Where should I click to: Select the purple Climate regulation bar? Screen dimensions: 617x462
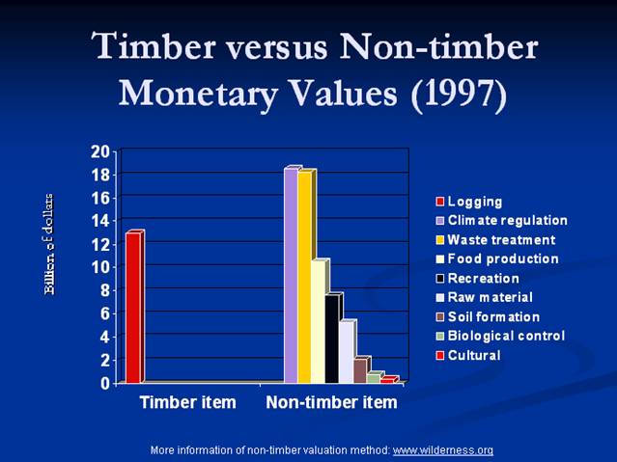(x=292, y=275)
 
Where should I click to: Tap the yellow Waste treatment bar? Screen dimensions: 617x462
(x=305, y=276)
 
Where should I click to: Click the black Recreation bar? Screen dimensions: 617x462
(x=333, y=338)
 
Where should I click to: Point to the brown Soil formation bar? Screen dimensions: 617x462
(x=360, y=370)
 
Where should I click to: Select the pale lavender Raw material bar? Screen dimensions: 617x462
(x=347, y=351)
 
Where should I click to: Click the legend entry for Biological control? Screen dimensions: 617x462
(x=500, y=336)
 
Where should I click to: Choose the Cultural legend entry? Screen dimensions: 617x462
(x=468, y=356)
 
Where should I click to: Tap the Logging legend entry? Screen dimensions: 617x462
(x=469, y=202)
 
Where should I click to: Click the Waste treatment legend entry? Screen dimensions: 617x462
(x=495, y=240)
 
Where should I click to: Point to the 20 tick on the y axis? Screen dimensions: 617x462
(x=100, y=151)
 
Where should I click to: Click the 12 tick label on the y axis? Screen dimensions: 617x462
(x=100, y=245)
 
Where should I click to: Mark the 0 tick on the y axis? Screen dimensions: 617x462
(x=104, y=383)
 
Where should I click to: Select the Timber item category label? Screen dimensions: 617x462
(x=188, y=402)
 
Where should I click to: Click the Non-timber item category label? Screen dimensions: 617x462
(x=332, y=402)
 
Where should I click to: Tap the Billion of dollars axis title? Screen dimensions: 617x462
(x=49, y=244)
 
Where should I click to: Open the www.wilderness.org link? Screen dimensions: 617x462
(x=442, y=450)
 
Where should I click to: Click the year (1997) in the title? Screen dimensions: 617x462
(x=459, y=94)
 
